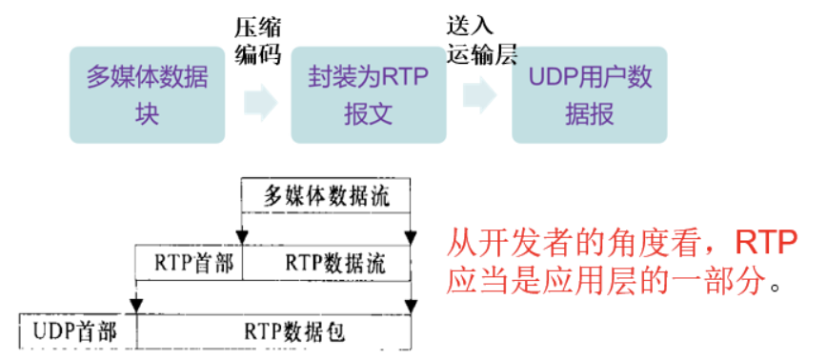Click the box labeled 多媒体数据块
pyautogui.click(x=147, y=95)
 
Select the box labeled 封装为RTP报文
pyautogui.click(x=368, y=95)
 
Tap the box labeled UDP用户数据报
pyautogui.click(x=589, y=95)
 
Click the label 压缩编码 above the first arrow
pyautogui.click(x=258, y=39)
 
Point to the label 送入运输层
pyautogui.click(x=481, y=39)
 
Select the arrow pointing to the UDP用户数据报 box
pyautogui.click(x=479, y=96)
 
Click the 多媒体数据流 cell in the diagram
pyautogui.click(x=326, y=197)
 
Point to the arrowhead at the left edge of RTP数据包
pyautogui.click(x=137, y=305)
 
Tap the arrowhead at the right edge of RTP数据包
pyautogui.click(x=412, y=305)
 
